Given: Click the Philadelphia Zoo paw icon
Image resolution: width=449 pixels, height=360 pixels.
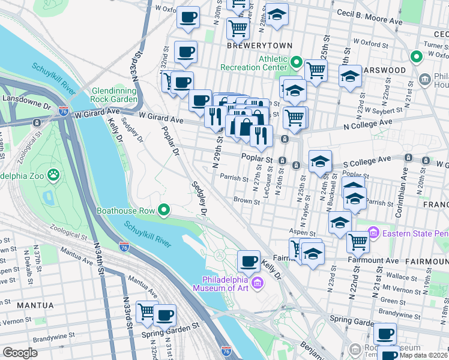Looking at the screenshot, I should pos(53,175).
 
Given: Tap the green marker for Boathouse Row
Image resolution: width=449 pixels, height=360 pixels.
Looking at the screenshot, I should pos(164,210).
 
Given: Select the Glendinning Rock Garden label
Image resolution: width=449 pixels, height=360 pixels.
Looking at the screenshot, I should pos(114,95).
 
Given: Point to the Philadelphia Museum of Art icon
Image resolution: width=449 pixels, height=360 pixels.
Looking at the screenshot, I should pos(258,283).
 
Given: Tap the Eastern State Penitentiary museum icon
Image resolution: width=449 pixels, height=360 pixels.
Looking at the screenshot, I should pos(373,231).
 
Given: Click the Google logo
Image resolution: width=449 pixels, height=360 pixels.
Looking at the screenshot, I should pos(20,353).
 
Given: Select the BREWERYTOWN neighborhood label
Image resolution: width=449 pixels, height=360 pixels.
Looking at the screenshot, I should pos(259,46).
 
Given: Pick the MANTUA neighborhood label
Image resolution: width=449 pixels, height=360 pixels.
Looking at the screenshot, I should pos(35,305).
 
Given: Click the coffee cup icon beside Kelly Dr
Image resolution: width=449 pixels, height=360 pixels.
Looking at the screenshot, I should pos(249,261).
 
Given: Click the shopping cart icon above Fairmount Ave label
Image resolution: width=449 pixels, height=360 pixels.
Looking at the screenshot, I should pos(358,242).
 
